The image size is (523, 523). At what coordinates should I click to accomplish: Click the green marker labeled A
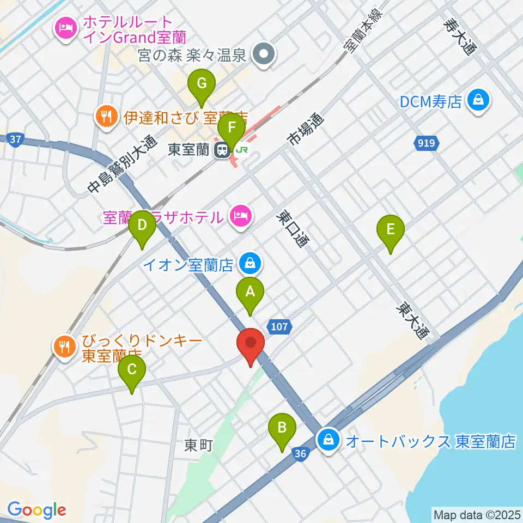[x=250, y=293]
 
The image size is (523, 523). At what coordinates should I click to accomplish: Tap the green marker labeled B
[x=282, y=429]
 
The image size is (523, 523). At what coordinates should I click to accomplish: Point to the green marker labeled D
[x=142, y=226]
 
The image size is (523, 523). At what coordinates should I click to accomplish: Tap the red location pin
[x=251, y=344]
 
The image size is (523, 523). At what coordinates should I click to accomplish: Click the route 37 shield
[x=16, y=139]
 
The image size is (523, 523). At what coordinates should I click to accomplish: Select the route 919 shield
[x=426, y=144]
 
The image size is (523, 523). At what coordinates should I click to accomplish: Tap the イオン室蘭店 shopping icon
[x=250, y=264]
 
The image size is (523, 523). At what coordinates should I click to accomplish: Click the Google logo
[x=36, y=510]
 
